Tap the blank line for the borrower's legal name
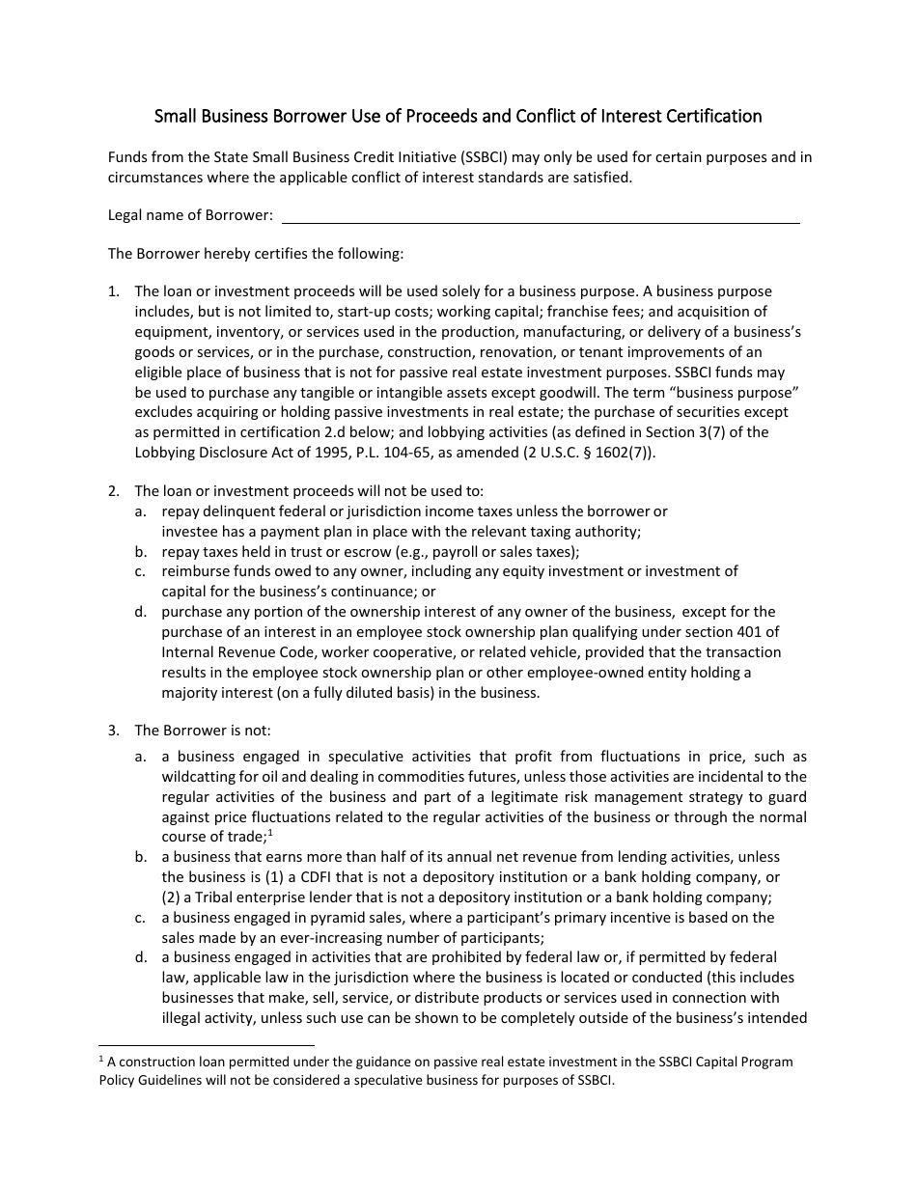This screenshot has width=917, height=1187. coord(541,216)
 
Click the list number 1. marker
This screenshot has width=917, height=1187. coord(114,291)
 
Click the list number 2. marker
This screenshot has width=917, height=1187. coord(114,491)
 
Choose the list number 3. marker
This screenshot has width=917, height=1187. coord(114,731)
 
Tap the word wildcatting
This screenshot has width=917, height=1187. coord(200,777)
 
